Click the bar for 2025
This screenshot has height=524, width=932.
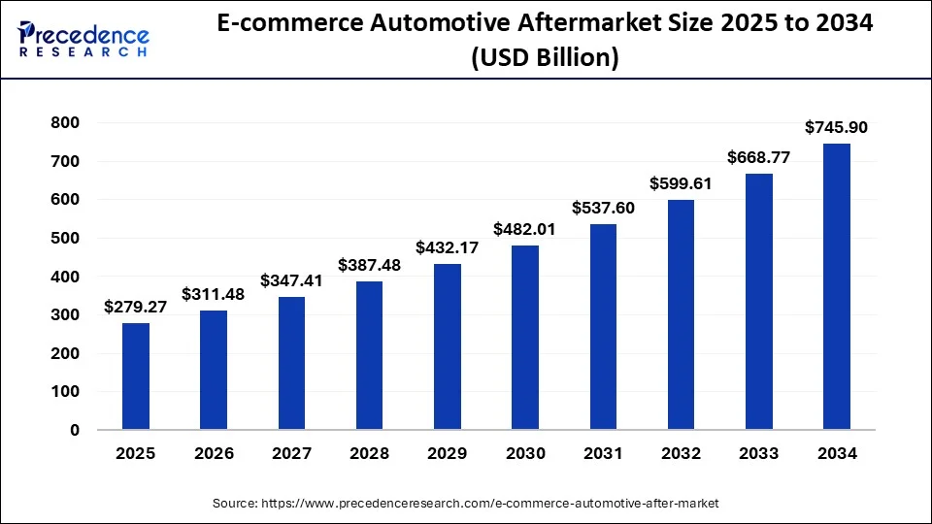pos(136,377)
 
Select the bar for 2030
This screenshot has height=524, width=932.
pos(525,337)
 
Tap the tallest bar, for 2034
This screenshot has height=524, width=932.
pos(837,286)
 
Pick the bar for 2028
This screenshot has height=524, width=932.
pos(369,355)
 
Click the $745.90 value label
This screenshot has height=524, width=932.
pos(837,127)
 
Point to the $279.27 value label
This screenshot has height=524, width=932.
pos(136,307)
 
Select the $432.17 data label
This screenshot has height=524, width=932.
pos(448,247)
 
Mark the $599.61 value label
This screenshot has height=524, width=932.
pos(682,183)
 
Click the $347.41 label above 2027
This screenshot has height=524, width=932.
pos(291,280)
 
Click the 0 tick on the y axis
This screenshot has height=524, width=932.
pos(75,430)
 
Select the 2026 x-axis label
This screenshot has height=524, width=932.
pos(214,453)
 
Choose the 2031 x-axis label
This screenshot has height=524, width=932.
pos(603,453)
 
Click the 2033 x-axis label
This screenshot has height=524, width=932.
pos(759,453)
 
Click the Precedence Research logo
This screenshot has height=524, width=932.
pos(83,39)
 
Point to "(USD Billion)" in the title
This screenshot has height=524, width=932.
pos(545,58)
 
